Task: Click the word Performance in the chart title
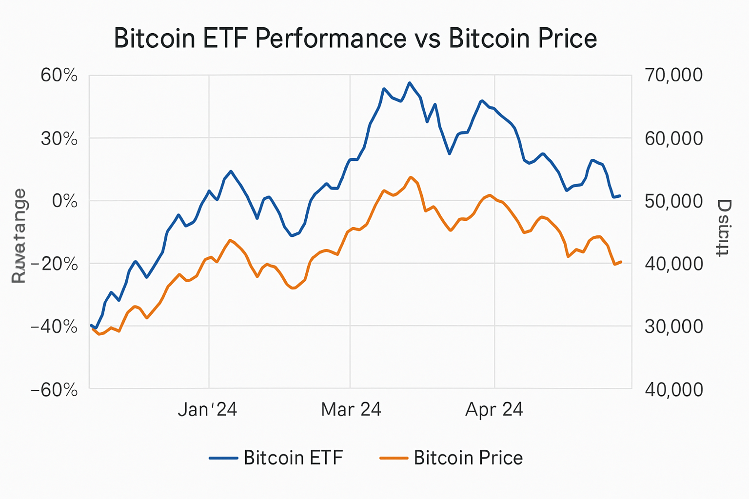click(331, 39)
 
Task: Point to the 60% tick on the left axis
click(59, 76)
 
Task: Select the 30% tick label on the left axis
click(59, 139)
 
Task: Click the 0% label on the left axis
click(64, 201)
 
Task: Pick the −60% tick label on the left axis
click(54, 390)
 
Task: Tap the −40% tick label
click(54, 326)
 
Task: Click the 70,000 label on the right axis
click(673, 75)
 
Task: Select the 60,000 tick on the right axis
click(673, 138)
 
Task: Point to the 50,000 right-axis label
click(673, 201)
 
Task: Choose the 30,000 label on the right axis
click(673, 326)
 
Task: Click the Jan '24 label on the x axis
click(207, 409)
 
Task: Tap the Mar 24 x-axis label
click(351, 409)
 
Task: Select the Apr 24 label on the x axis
click(494, 409)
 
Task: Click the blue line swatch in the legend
click(223, 458)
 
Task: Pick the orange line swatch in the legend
click(393, 458)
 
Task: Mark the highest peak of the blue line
click(410, 83)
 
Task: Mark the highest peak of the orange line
click(411, 177)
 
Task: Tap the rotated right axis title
click(724, 228)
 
